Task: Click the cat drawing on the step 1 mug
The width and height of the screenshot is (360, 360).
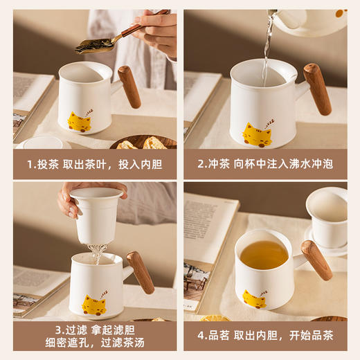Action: point(79,122)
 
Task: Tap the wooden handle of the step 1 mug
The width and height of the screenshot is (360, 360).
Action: point(129,86)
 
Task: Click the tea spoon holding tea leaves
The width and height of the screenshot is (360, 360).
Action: point(97,44)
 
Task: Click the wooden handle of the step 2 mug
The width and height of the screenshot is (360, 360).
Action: point(317,88)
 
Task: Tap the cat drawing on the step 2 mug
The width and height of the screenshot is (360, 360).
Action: point(257,135)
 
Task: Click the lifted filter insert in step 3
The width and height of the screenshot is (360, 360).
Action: point(97,214)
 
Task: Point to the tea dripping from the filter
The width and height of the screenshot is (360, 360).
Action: point(98,253)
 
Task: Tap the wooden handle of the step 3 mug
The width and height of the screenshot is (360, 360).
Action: point(141,271)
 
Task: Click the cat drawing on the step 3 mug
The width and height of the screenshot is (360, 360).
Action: point(93,304)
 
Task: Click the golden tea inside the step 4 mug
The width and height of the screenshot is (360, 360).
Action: point(264,255)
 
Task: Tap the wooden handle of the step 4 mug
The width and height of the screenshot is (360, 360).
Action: point(316,259)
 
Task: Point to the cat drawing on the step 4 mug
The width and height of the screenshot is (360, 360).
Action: point(254,299)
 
